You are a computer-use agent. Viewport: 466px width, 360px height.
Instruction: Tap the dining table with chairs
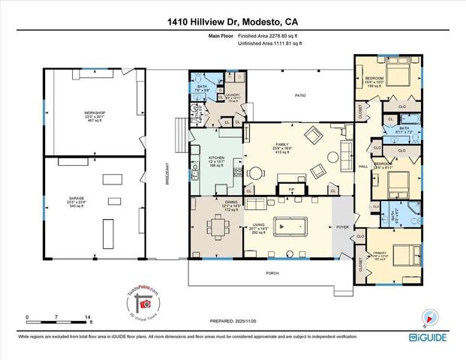tap(218, 226)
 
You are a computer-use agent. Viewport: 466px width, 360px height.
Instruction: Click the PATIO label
tap(300, 95)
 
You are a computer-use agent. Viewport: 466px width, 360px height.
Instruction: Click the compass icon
tap(429, 316)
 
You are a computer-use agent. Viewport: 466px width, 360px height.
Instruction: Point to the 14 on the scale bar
tap(88, 318)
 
